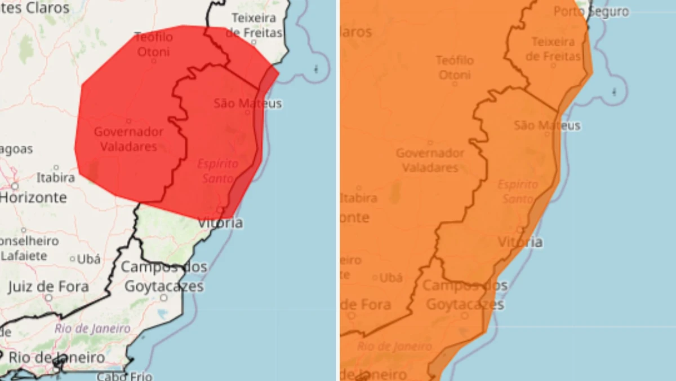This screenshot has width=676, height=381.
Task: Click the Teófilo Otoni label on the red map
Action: pos(154,45)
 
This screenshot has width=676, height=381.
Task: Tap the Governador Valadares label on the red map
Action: pos(128,139)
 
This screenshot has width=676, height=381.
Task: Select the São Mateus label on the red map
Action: pos(247,103)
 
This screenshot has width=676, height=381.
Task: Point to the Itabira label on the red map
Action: pos(56,177)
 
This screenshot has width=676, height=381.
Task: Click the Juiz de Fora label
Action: pos(48,287)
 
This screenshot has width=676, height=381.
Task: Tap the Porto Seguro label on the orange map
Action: pos(591,12)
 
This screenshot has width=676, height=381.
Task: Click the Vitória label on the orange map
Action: pos(520,242)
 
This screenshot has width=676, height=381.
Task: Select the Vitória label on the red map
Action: pos(220,222)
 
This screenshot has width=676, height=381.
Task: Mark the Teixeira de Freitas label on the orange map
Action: pos(553,49)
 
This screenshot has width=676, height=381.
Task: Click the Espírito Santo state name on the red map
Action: pos(217,171)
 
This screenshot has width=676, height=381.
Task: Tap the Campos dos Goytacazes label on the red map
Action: pos(164,277)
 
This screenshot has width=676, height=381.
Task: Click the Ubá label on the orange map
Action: pos(391,278)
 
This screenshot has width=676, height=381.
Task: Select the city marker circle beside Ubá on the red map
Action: pos(73,259)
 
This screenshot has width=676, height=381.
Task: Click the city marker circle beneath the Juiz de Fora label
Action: pos(48,297)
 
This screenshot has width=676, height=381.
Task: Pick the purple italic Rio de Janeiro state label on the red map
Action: pos(92,329)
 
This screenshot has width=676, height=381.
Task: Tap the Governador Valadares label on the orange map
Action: pos(430,160)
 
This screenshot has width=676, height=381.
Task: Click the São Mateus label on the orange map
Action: pos(546,125)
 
